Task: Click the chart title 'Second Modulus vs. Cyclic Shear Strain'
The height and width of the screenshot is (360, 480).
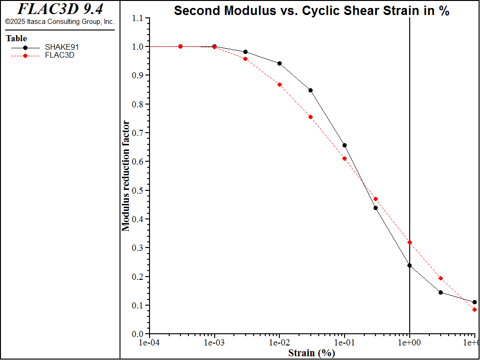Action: [x=312, y=11]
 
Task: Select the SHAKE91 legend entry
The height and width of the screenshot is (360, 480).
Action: [x=58, y=47]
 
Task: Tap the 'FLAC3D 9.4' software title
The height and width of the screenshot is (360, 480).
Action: [x=60, y=9]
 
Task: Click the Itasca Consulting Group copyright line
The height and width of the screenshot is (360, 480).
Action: [x=60, y=22]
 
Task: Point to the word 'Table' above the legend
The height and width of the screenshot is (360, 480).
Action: [x=16, y=38]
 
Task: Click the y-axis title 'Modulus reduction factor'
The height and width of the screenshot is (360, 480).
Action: [x=126, y=176]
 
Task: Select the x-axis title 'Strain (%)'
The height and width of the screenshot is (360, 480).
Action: [x=312, y=353]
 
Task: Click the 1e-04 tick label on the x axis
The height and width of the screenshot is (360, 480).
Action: [x=150, y=343]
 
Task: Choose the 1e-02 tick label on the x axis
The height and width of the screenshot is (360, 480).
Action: [x=280, y=343]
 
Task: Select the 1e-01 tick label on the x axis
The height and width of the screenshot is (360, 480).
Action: [x=345, y=343]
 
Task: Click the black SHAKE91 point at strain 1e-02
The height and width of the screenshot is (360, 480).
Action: [x=280, y=63]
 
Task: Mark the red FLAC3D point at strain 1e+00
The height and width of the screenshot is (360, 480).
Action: [x=410, y=242]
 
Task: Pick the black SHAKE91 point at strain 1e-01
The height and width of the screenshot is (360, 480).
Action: [x=345, y=145]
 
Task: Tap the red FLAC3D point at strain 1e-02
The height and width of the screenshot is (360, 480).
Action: [x=280, y=85]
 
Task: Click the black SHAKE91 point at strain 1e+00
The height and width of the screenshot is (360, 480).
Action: [x=410, y=265]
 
